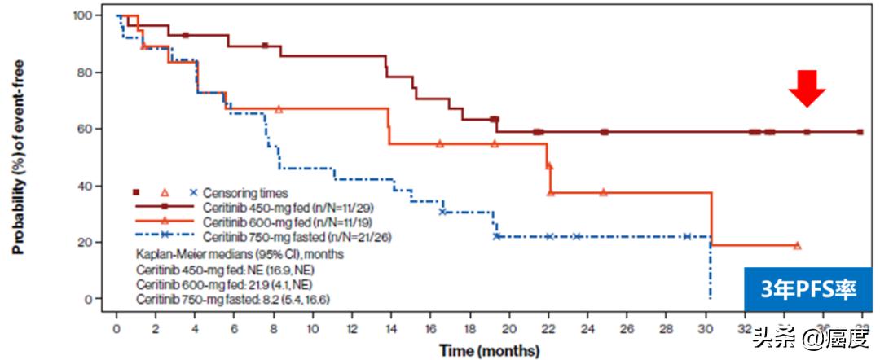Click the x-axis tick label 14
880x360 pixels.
coord(391,330)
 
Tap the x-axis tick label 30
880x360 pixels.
coord(706,330)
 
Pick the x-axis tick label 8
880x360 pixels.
coord(274,330)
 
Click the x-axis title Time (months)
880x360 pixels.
coord(489,351)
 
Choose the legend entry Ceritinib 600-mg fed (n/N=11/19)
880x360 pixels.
coord(261,222)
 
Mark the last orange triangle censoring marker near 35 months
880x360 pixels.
coord(797,245)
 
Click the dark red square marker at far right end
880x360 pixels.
coord(860,132)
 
